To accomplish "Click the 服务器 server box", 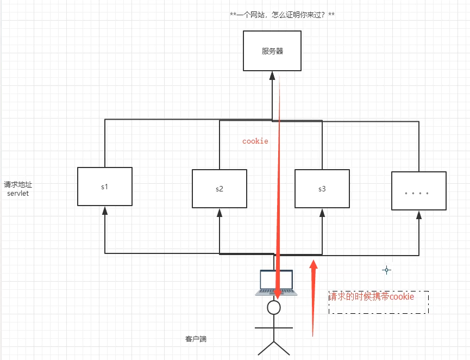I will coord(272,51).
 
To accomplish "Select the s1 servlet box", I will coord(104,187).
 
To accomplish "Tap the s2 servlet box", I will coord(219,189).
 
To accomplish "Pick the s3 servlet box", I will coord(322,189).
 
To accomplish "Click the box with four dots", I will coord(418,191).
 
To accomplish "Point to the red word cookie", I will coord(255,141).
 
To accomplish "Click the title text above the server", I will coord(282,15).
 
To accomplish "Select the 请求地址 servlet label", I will coord(17,189).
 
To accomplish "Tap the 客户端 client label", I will coord(196,339).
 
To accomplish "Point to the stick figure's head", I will coord(274,308).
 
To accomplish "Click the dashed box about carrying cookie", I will coord(378,302).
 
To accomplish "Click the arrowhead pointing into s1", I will coord(105,210).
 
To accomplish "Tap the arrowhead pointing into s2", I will coord(220,212).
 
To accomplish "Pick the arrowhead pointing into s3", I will coord(322,212).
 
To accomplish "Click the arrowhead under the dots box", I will coord(419,214).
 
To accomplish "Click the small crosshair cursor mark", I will coord(386,270).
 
